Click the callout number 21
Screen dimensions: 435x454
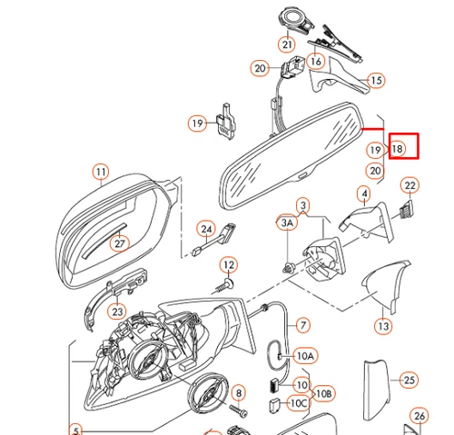[288, 44]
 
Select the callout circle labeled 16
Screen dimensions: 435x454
[315, 62]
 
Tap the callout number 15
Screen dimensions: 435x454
[376, 81]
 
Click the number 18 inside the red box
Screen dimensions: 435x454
[398, 148]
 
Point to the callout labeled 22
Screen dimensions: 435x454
[410, 186]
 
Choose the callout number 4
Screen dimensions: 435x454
[364, 193]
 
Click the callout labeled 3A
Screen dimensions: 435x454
[287, 222]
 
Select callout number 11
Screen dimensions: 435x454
[100, 171]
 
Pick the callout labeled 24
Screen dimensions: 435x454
[207, 229]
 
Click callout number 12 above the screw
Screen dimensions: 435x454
[229, 265]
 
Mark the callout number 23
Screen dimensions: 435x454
[117, 311]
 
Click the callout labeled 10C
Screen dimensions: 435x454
[298, 402]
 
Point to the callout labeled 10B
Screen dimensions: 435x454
[322, 394]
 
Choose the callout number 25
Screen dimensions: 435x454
[409, 380]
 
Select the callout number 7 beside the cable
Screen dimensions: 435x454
[302, 324]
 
